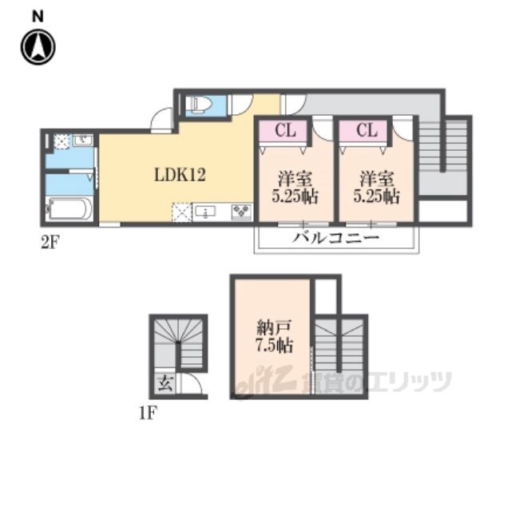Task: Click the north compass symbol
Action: (x=38, y=47)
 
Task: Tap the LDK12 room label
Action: (x=180, y=175)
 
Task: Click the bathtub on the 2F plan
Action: (x=69, y=208)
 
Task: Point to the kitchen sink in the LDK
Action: (x=205, y=212)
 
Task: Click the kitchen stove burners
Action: (x=241, y=212)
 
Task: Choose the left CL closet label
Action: (x=285, y=130)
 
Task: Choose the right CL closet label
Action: (x=366, y=130)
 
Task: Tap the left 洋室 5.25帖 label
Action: (x=295, y=188)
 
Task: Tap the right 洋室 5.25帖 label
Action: (x=376, y=188)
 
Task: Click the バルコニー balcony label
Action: (x=336, y=238)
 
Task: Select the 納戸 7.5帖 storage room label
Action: (x=274, y=336)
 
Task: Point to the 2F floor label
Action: (x=50, y=243)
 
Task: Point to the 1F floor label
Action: (x=149, y=414)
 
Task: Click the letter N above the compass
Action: (x=38, y=16)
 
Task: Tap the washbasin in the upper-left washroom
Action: (x=83, y=141)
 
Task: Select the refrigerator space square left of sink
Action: (x=182, y=212)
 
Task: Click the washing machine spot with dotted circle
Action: (x=62, y=141)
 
